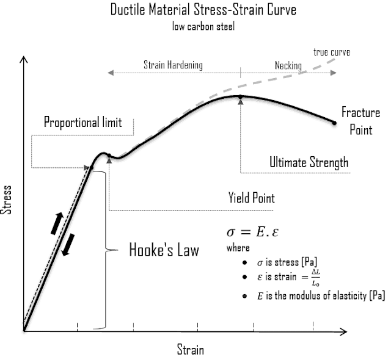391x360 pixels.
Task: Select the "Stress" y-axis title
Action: (x=8, y=201)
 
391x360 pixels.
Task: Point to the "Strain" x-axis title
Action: (x=190, y=350)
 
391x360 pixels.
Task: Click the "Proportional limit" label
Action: (x=82, y=122)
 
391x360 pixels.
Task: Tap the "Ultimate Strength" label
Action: (x=309, y=162)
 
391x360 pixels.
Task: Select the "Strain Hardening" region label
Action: (x=173, y=65)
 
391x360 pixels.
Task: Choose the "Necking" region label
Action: (x=288, y=65)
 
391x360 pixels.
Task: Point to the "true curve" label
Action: (x=332, y=52)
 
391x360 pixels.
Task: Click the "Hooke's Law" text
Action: (x=164, y=250)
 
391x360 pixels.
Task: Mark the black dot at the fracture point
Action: (x=335, y=123)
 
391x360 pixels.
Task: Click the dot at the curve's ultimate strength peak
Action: (x=241, y=96)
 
